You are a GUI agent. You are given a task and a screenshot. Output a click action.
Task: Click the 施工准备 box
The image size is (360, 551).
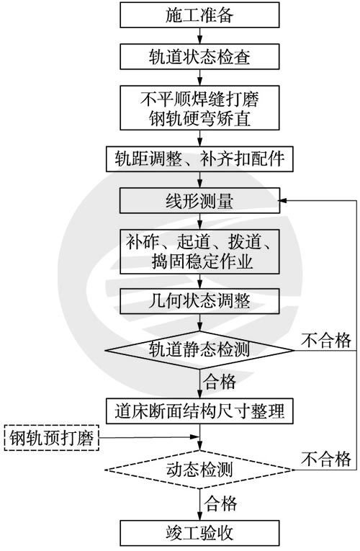[x=199, y=14]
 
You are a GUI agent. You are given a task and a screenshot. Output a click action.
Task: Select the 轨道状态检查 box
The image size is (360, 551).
[x=199, y=57]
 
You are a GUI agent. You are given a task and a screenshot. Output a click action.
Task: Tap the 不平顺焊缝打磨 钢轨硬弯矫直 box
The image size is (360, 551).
[x=199, y=108]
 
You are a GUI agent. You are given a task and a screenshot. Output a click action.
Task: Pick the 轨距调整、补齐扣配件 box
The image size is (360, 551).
[x=199, y=159]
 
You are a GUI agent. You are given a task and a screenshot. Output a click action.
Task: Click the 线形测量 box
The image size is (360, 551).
[x=199, y=201]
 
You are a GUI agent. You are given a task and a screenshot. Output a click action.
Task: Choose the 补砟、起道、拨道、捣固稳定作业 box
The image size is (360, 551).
[x=199, y=251]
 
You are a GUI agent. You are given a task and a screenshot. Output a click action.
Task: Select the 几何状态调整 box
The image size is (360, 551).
[x=199, y=301]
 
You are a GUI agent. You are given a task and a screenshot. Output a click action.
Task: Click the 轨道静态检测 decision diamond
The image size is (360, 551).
[x=199, y=350]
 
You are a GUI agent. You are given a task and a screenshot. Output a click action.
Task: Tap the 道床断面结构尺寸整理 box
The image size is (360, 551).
[x=199, y=411]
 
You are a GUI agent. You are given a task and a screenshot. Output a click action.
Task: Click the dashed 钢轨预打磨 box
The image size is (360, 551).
[x=52, y=437]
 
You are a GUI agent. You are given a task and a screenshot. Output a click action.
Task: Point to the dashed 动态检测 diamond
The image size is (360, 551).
[x=199, y=470]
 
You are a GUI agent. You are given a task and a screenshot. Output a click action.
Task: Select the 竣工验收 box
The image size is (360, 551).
[x=199, y=533]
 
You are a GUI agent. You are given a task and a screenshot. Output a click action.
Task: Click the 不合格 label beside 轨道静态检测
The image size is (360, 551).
[x=326, y=340]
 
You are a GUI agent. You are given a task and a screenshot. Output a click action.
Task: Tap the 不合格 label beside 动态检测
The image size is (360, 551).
[x=326, y=459]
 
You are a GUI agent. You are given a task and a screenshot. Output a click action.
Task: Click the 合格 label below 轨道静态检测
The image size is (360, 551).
[x=220, y=382]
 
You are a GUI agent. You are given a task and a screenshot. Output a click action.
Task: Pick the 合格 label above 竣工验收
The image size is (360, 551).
[x=221, y=503]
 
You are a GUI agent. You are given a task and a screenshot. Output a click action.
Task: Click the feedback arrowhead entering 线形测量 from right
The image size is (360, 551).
[x=283, y=201]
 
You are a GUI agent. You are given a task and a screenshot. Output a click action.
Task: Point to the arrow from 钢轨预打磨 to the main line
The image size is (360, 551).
[x=149, y=437]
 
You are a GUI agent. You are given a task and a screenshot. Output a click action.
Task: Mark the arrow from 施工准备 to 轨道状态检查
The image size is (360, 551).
[x=200, y=36]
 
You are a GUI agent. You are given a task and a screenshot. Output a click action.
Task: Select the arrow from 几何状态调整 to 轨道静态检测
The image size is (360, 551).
[x=200, y=323]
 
